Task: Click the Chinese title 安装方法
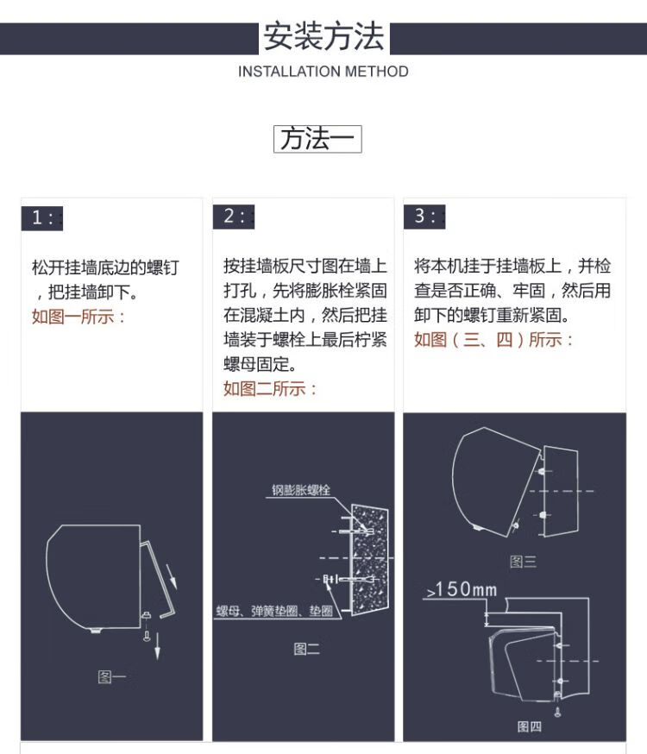click(x=323, y=36)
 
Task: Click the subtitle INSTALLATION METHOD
click(x=323, y=72)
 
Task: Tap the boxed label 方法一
click(x=317, y=139)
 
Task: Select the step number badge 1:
click(x=41, y=218)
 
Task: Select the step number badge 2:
click(x=234, y=217)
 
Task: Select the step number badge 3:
click(x=424, y=217)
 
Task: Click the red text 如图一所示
click(x=79, y=317)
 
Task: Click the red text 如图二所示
click(x=270, y=388)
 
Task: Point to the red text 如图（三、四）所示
click(x=493, y=340)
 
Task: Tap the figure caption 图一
click(x=111, y=677)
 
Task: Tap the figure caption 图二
click(x=306, y=649)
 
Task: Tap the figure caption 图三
click(x=523, y=562)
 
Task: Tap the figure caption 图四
click(x=529, y=726)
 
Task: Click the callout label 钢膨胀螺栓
click(x=301, y=490)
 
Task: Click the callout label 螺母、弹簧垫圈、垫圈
click(x=274, y=611)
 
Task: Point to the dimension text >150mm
click(x=462, y=589)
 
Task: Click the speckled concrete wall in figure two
click(x=369, y=559)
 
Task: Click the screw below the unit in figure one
click(x=148, y=635)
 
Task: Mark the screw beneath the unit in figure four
click(x=557, y=712)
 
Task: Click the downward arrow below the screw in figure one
click(x=157, y=646)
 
